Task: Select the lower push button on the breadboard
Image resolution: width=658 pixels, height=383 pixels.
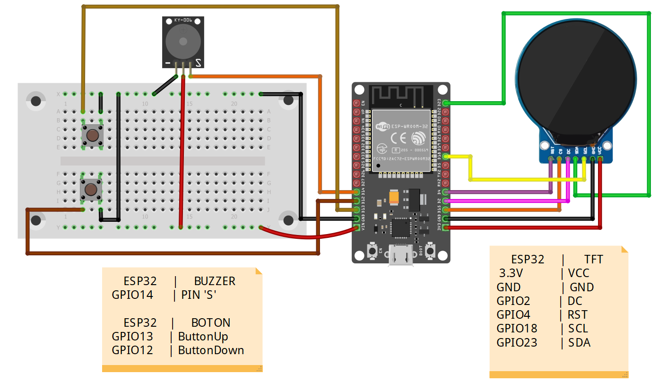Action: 91,189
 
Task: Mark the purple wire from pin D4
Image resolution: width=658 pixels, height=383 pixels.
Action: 496,192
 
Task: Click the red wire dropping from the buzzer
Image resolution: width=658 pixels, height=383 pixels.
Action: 182,151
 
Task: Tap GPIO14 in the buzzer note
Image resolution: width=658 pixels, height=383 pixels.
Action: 132,295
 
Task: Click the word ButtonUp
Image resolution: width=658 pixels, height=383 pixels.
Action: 203,337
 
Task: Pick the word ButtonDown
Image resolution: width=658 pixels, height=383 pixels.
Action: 211,350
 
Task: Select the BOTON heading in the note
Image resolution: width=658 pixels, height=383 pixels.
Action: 211,323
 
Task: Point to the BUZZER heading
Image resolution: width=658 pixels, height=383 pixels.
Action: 215,281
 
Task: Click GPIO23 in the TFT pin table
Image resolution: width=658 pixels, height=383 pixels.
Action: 517,342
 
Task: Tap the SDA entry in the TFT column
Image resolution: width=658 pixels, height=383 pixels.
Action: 580,342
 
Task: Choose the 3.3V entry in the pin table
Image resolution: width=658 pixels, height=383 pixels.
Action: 511,273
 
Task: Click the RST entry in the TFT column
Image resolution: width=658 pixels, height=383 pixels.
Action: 578,315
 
